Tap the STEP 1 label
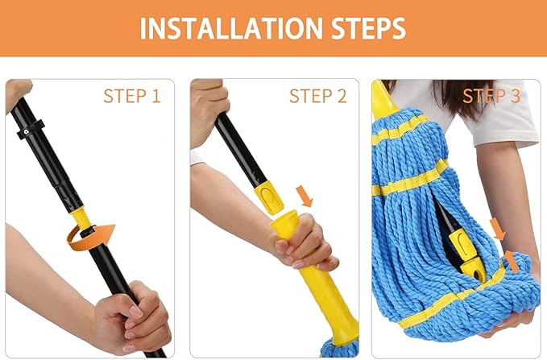(131, 96)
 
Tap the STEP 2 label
(317, 96)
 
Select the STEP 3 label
(491, 96)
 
